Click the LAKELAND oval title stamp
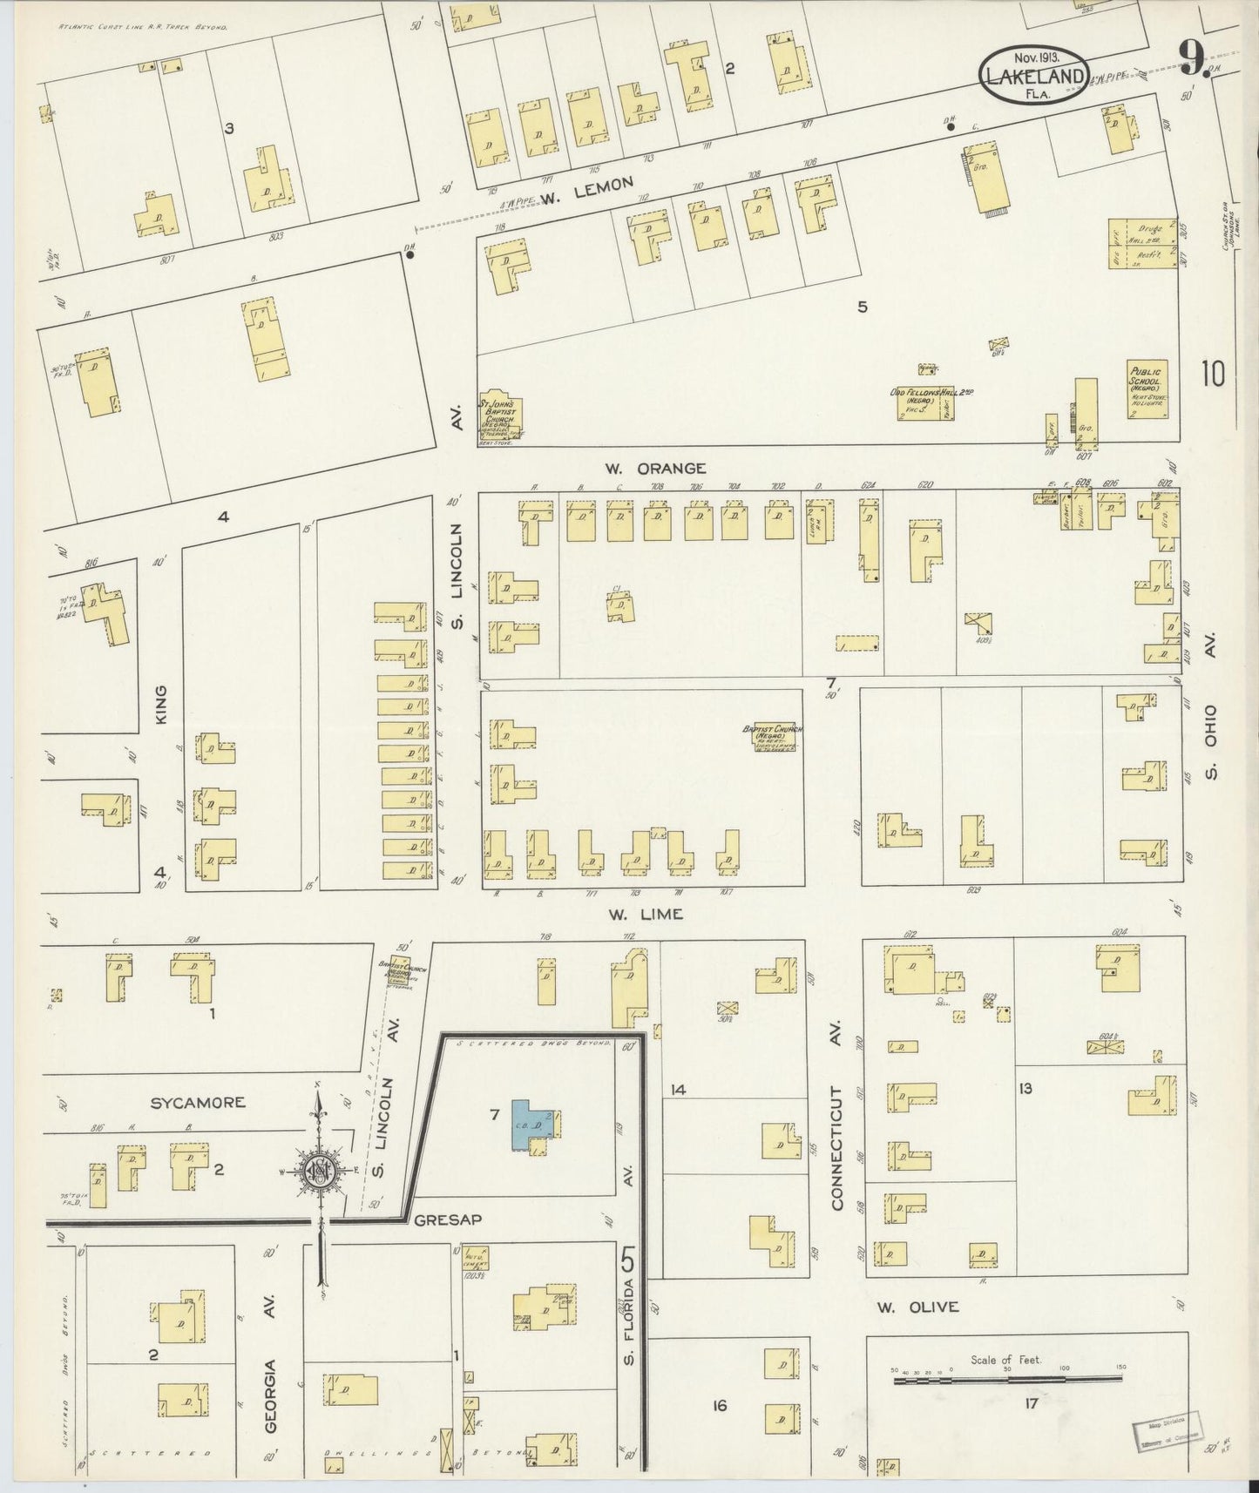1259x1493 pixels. click(x=1033, y=75)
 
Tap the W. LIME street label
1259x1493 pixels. click(x=646, y=914)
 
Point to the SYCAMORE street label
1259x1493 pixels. click(x=198, y=1103)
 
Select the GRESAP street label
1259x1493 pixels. click(x=448, y=1219)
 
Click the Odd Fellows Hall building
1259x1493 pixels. click(x=931, y=402)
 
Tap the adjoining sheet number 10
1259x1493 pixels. click(x=1212, y=374)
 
